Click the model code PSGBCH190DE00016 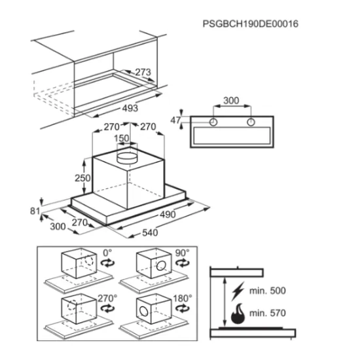tap(251, 24)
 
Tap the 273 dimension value tap(143, 72)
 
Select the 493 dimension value tap(130, 108)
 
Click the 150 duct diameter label tap(122, 138)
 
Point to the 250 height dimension tap(82, 178)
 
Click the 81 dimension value tap(35, 211)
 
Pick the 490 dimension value tap(168, 215)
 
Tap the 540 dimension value tap(150, 233)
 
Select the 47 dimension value tap(175, 120)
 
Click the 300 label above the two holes tap(231, 101)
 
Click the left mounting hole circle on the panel tap(213, 122)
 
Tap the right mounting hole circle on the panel tap(251, 122)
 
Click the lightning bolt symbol tap(238, 291)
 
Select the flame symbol tap(238, 314)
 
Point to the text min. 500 tap(268, 291)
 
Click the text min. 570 tap(268, 313)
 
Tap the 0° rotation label tap(107, 253)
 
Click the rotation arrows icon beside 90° tap(183, 262)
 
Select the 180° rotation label tap(183, 298)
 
